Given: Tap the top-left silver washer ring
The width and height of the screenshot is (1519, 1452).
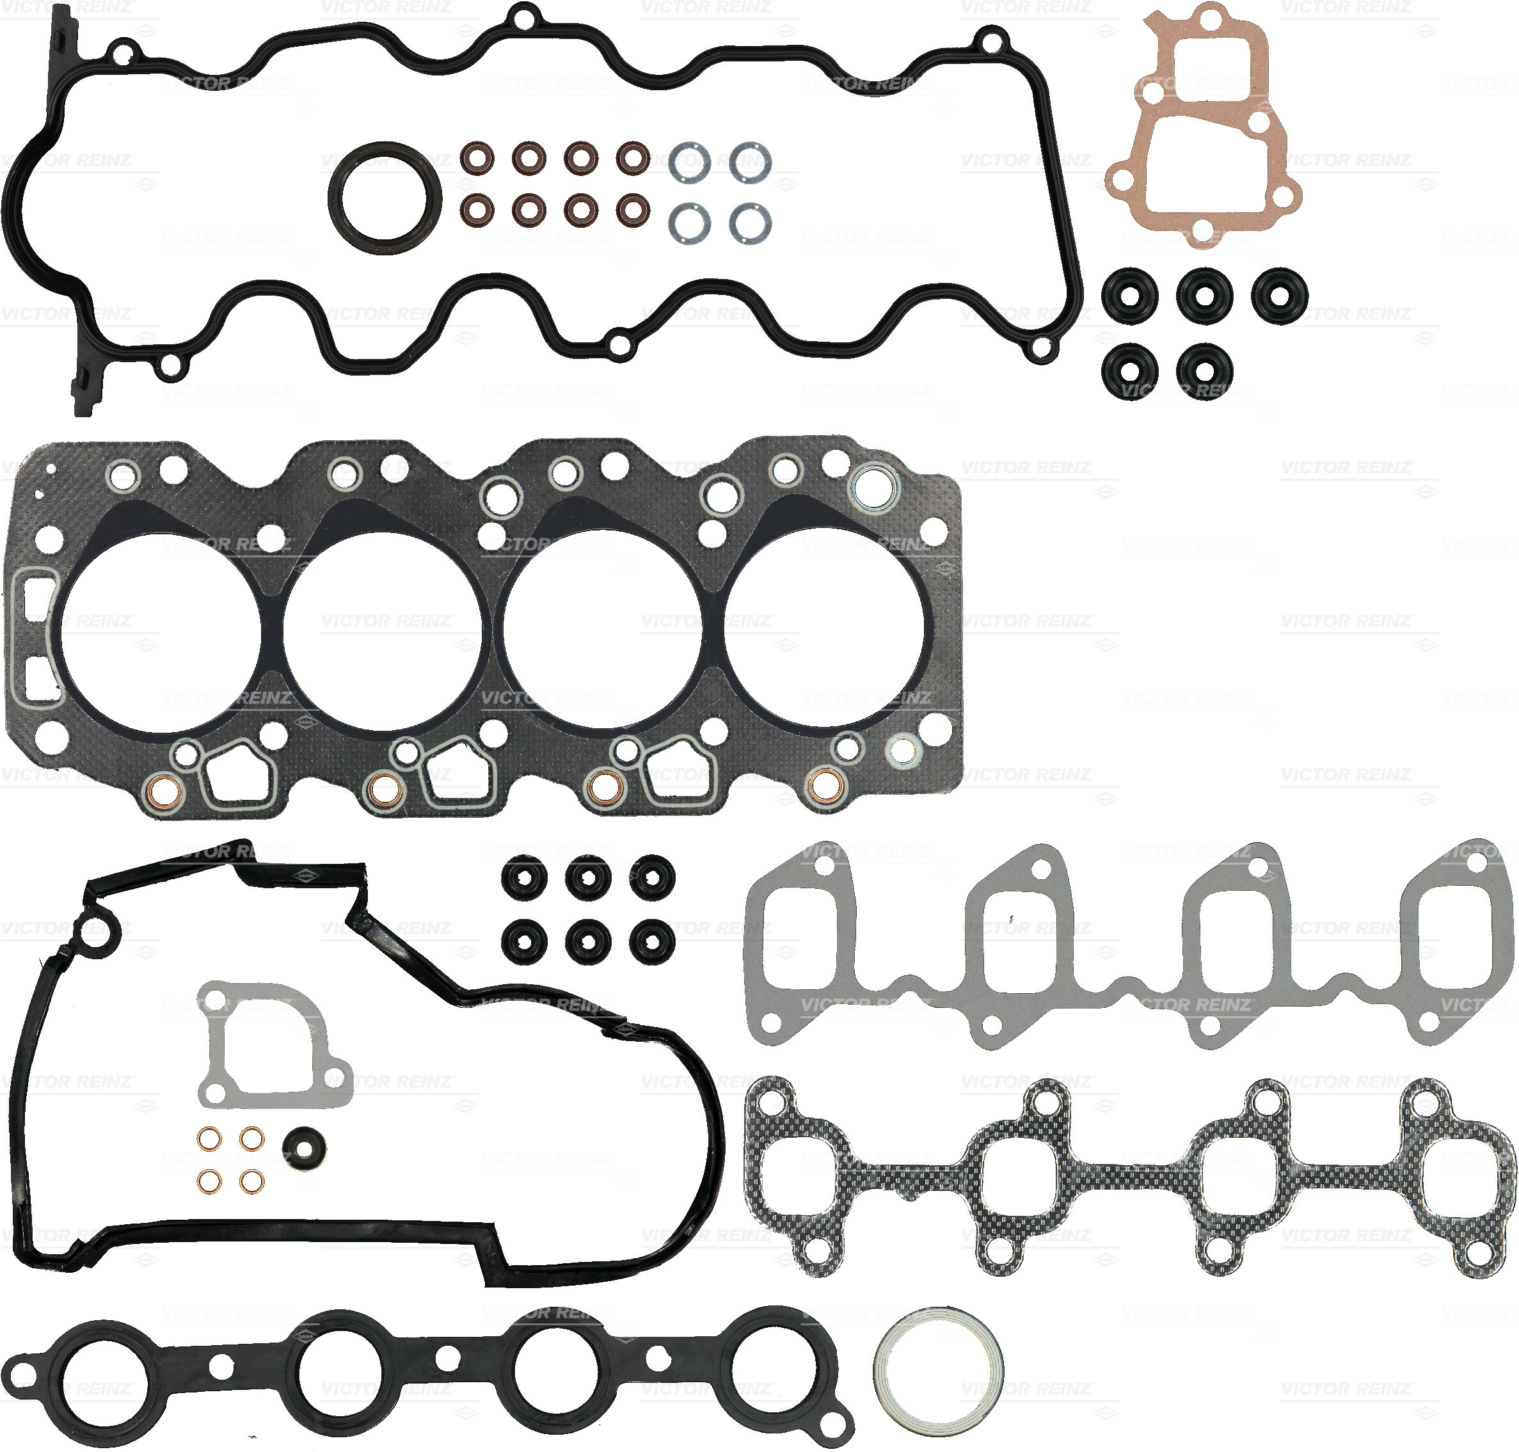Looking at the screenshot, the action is [x=688, y=163].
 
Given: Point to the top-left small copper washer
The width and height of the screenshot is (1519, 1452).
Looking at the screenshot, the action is [x=208, y=1139].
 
